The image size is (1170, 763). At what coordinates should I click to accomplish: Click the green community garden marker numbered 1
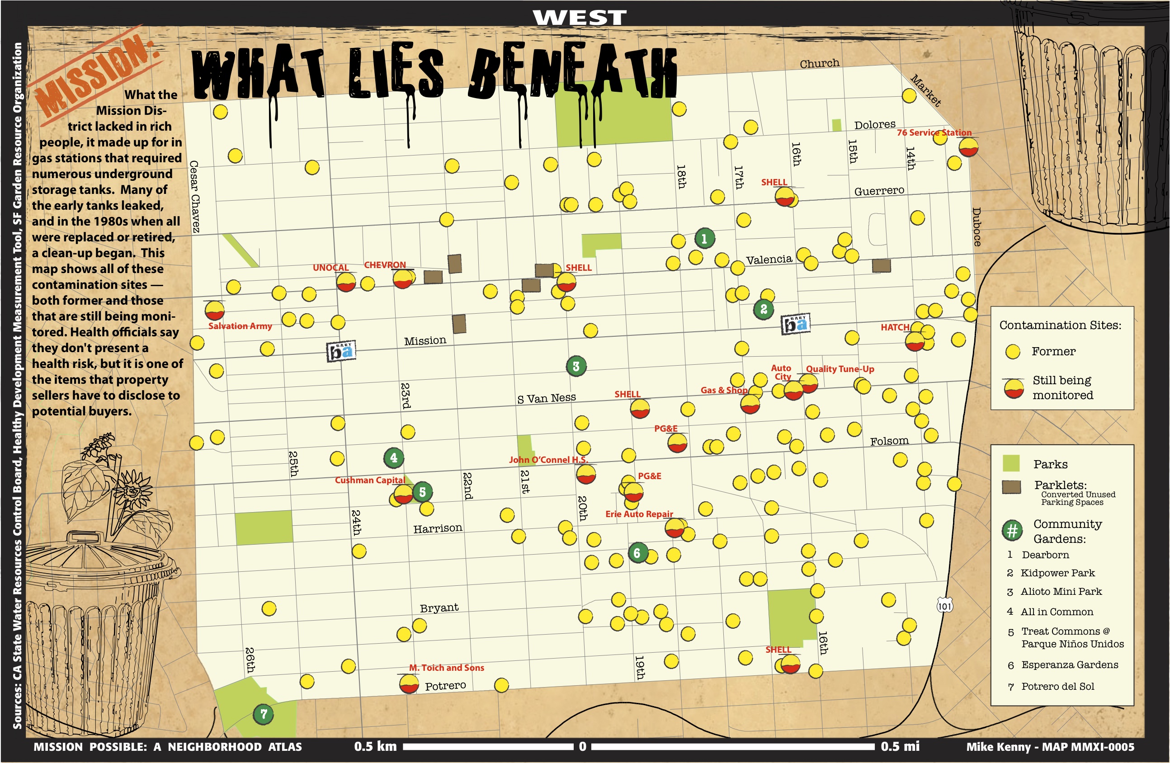pos(704,239)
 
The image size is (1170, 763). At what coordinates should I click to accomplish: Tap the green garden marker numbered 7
pos(264,714)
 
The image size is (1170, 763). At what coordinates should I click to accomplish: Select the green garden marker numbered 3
pos(576,366)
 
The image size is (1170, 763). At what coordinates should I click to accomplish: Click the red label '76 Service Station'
pos(934,133)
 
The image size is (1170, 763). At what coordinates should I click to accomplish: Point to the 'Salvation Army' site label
pos(240,326)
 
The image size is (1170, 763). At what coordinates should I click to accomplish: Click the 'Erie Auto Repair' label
pos(639,514)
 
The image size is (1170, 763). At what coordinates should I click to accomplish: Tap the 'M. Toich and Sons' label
pos(446,668)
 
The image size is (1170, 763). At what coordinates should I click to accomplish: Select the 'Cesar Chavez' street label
pos(195,197)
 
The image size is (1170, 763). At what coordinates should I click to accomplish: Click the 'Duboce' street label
pos(977,226)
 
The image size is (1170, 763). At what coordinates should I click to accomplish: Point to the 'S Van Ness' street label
pos(546,398)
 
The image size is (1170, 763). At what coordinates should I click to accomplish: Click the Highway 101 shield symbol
pos(944,606)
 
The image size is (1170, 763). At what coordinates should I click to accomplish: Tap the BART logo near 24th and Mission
pos(341,351)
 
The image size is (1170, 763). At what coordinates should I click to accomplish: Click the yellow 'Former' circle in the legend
pos(1013,352)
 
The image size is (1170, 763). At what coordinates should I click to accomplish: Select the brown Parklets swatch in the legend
pos(1011,487)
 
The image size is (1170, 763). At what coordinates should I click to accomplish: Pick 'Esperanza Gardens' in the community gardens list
pos(1069,664)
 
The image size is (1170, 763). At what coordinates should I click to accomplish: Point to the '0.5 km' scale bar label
pos(375,746)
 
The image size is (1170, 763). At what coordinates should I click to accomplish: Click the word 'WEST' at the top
pos(580,18)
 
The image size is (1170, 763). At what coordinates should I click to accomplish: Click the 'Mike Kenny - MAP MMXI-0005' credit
pos(1050,747)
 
